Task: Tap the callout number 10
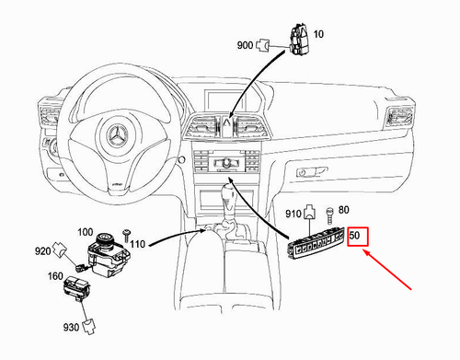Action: pos(318,35)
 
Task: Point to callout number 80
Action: pos(344,210)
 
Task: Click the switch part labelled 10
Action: pos(297,40)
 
